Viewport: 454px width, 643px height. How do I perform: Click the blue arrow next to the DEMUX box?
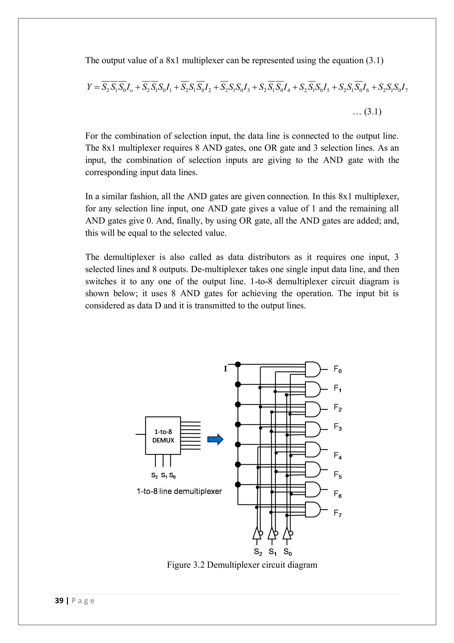point(215,439)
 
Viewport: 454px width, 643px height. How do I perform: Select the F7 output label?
point(338,513)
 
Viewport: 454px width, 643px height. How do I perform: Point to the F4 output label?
point(338,456)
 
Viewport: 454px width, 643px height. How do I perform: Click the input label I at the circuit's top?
point(225,369)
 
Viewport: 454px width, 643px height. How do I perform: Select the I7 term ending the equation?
point(404,88)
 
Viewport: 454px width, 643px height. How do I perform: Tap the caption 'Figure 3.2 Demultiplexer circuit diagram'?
point(242,565)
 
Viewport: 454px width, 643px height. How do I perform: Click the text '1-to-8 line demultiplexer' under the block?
point(179,491)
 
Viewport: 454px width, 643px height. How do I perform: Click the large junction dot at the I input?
point(238,364)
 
